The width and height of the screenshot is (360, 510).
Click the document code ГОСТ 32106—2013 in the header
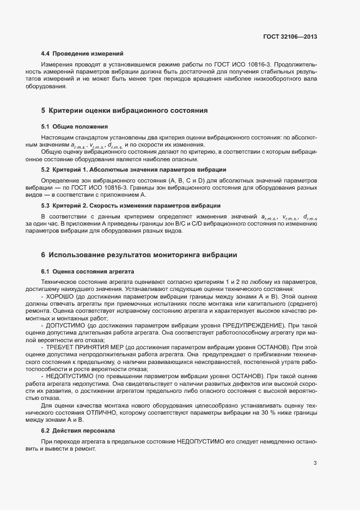[289, 37]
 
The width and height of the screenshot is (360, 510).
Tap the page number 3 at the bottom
[315, 463]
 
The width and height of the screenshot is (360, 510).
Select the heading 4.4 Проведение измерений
[82, 53]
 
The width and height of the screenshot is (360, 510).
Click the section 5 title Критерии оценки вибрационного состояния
[125, 111]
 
